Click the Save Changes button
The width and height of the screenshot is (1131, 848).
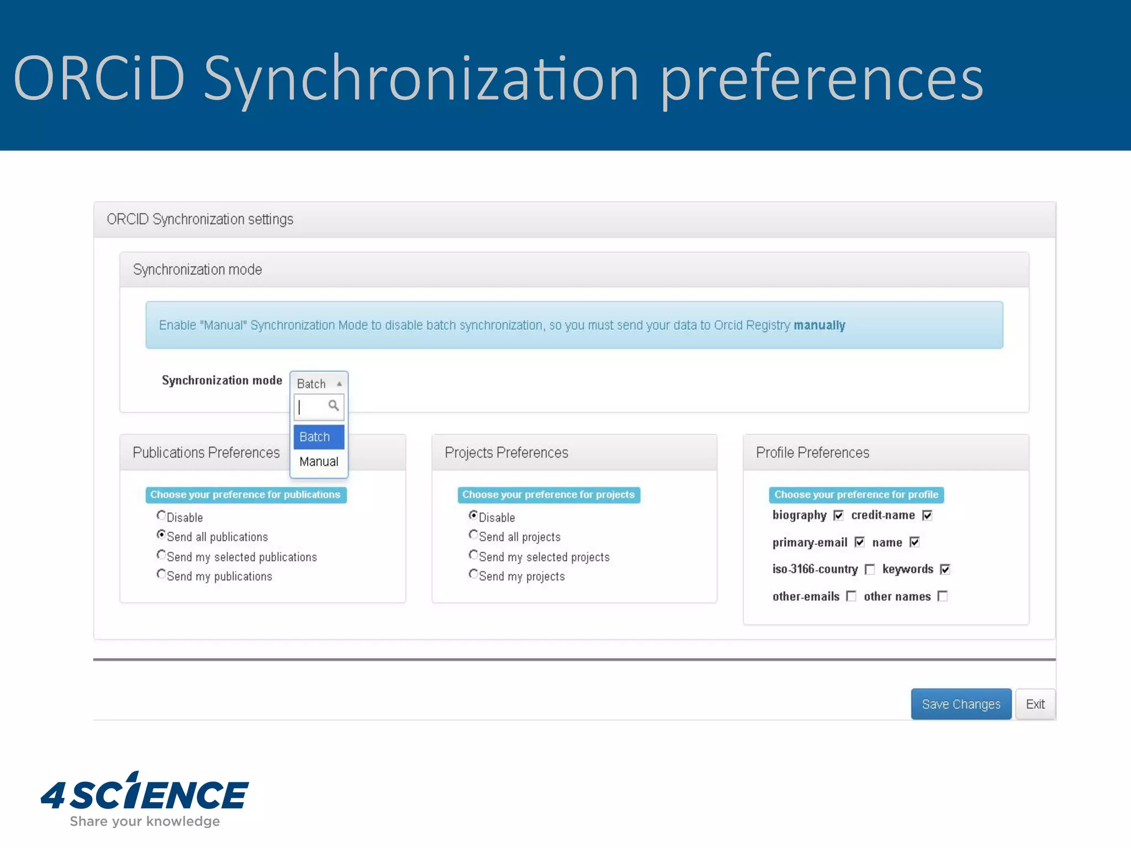[x=960, y=704]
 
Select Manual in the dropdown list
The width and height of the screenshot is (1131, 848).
[x=319, y=462]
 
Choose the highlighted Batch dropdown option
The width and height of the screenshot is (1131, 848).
[x=319, y=437]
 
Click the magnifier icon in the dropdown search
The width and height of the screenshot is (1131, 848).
[x=334, y=406]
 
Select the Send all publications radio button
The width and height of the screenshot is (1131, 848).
[x=161, y=534]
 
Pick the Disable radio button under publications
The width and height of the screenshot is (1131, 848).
[x=161, y=515]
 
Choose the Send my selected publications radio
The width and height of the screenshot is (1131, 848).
[x=161, y=554]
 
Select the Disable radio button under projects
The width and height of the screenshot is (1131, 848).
[x=473, y=515]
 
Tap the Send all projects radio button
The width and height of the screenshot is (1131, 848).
[x=473, y=534]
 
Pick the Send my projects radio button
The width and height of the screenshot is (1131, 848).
[x=473, y=574]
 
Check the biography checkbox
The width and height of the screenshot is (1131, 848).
[x=838, y=516]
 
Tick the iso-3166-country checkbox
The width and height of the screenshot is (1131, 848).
[x=870, y=569]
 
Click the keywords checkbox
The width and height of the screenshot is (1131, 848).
[x=945, y=569]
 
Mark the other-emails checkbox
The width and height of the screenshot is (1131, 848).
[x=851, y=596]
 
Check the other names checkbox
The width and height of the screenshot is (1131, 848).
[x=943, y=596]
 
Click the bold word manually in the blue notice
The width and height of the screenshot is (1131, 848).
[x=819, y=325]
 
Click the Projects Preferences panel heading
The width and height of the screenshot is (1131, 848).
[x=506, y=453]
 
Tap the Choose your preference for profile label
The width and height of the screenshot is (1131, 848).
[x=856, y=495]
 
